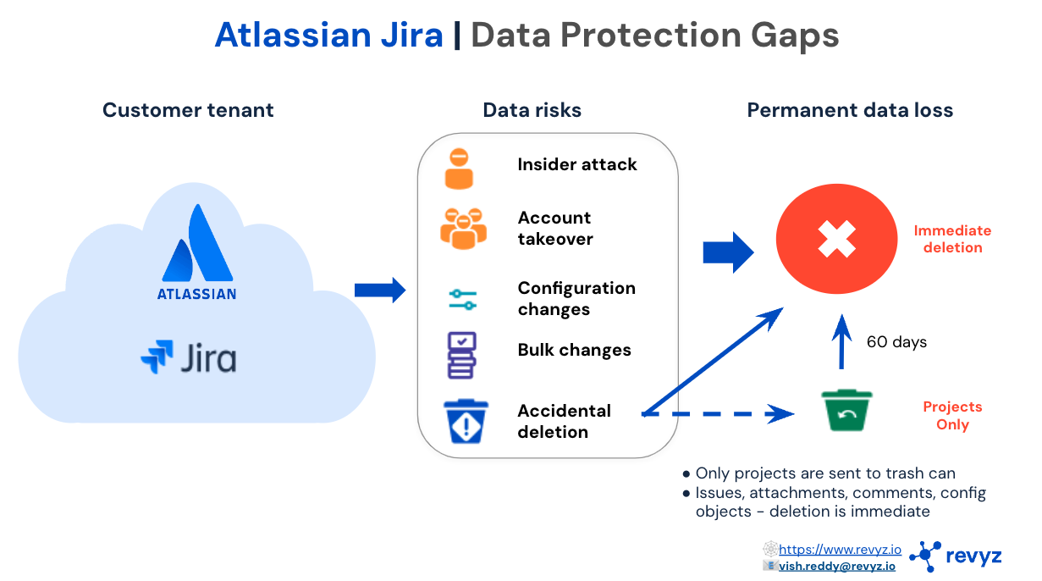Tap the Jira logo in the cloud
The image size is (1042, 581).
189,357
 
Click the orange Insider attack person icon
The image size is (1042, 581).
459,169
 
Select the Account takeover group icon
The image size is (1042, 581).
463,229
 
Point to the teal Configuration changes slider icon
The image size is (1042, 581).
463,299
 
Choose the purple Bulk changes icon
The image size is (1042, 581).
461,355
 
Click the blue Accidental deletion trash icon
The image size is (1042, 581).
466,421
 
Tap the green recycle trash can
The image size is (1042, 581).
846,410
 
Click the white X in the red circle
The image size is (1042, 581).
836,239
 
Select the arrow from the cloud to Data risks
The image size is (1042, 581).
379,290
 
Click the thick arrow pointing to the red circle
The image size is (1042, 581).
728,252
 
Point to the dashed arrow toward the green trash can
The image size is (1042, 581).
718,413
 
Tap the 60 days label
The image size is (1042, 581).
896,341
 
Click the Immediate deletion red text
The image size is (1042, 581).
952,239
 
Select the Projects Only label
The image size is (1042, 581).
952,415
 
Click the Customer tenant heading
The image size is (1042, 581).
188,110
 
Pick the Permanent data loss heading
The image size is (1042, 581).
850,110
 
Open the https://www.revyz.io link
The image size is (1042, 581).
840,550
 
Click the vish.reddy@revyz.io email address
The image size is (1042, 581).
837,566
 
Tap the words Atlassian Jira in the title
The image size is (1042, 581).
328,35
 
